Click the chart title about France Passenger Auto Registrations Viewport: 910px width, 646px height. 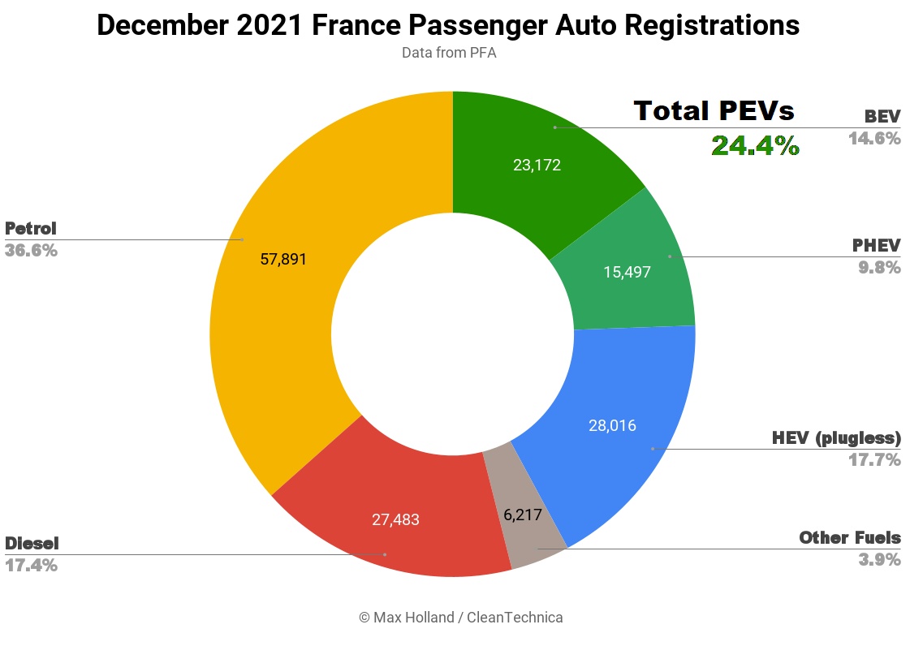[x=448, y=25]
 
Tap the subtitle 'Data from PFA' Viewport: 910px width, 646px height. [x=449, y=53]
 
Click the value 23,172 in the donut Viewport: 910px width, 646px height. [x=537, y=166]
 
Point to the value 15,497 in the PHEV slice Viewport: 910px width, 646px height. [x=627, y=272]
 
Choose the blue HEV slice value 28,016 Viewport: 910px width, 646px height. [x=612, y=426]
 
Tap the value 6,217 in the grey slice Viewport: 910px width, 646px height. [x=522, y=515]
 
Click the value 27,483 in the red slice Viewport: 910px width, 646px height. [x=395, y=519]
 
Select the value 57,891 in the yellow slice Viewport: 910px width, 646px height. [x=283, y=259]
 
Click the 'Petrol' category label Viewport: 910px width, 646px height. [x=31, y=229]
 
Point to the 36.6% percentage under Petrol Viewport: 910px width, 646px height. [x=32, y=251]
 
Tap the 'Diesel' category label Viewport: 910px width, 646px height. [x=32, y=544]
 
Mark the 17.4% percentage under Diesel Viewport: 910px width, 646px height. [x=32, y=566]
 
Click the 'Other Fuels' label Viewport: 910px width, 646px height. [x=850, y=538]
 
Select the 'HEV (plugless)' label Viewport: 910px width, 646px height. [x=836, y=438]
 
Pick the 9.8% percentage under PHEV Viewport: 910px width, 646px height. [x=880, y=268]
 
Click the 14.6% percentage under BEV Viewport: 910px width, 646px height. [x=874, y=139]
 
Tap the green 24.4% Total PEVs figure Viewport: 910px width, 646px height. [x=756, y=146]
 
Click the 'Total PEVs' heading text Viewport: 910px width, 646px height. [x=714, y=111]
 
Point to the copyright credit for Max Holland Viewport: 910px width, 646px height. [x=461, y=618]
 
